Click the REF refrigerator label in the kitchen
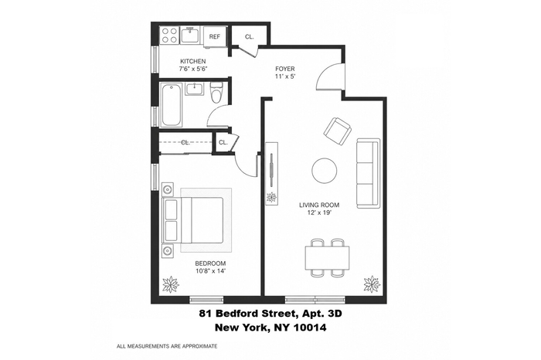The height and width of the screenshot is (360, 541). click(x=215, y=36)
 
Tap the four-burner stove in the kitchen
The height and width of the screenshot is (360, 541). click(x=169, y=36)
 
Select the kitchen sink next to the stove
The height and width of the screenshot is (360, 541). click(x=190, y=36)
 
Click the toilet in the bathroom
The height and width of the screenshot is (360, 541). click(x=216, y=92)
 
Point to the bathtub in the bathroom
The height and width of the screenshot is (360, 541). click(x=172, y=104)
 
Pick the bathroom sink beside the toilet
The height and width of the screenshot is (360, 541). click(x=196, y=89)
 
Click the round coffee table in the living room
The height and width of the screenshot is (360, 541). click(x=325, y=171)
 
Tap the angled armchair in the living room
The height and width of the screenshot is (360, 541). click(x=338, y=131)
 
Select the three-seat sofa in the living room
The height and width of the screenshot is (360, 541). click(x=368, y=173)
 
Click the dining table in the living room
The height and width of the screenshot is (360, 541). click(x=327, y=258)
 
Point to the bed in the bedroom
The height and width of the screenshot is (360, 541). click(x=193, y=220)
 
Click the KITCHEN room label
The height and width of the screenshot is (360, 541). click(x=193, y=61)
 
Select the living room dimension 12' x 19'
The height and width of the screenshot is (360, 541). click(x=319, y=212)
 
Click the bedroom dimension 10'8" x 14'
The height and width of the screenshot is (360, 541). click(x=210, y=270)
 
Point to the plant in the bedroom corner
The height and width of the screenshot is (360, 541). click(x=171, y=284)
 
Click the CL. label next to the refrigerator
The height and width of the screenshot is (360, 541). click(x=249, y=36)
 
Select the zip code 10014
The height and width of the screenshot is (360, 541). click(x=309, y=328)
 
